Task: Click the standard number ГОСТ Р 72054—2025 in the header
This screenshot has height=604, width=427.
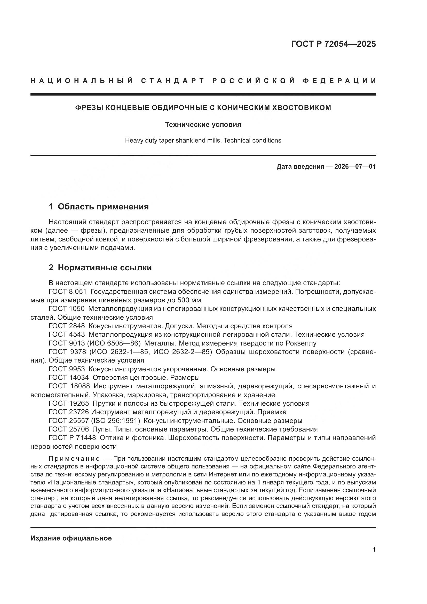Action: (x=333, y=44)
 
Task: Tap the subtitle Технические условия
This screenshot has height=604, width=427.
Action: (x=203, y=124)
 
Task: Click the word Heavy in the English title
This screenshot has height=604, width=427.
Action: (x=133, y=140)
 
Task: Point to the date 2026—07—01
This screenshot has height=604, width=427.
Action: (x=355, y=167)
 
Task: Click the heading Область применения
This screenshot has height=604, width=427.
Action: (x=103, y=207)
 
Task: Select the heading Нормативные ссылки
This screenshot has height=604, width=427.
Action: (x=105, y=268)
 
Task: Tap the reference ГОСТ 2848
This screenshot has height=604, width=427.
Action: (x=67, y=326)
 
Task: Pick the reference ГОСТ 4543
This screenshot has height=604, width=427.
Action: (x=67, y=335)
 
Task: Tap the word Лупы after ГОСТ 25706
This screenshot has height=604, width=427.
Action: (x=99, y=429)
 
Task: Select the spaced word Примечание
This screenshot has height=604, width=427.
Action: (x=74, y=459)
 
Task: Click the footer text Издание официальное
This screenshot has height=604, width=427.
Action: (x=71, y=538)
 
